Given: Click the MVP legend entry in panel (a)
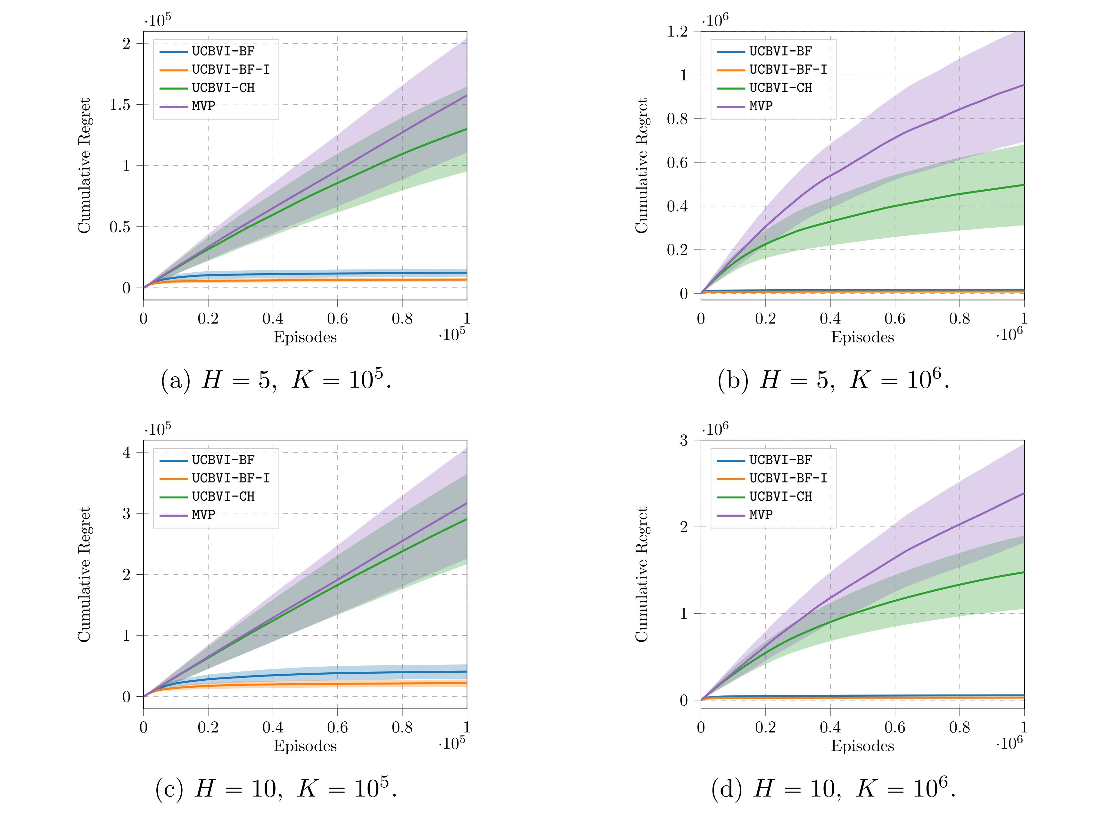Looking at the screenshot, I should point(203,106).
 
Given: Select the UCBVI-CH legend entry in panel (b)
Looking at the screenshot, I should point(780,88).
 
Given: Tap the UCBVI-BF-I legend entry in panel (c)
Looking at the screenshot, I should point(231,478).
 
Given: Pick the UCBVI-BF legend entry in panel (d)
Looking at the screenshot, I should point(780,460).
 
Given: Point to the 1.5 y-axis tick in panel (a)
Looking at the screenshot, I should point(120,104).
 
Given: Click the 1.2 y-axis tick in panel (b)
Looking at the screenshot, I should point(678,32).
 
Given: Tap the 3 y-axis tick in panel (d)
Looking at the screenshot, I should point(683,440).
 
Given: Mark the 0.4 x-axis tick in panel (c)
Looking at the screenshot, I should point(273,727).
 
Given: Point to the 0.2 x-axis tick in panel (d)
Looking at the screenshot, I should point(765,727).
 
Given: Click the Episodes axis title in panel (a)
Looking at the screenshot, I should point(305,337).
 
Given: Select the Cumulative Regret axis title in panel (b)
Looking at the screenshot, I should point(642,166).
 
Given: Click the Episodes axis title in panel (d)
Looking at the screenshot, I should point(862,746).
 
